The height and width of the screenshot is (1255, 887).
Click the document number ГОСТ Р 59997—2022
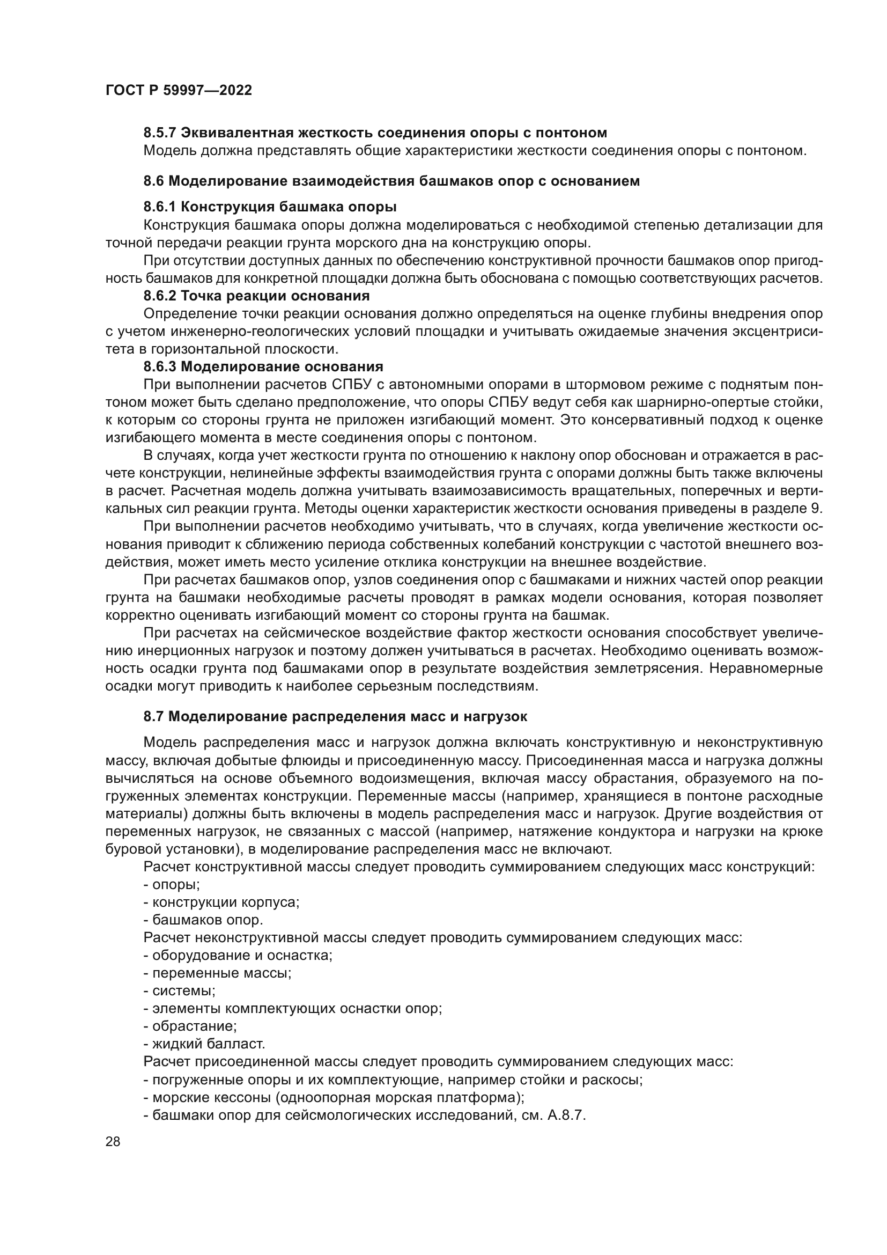[179, 91]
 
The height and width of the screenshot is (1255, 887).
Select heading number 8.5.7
[159, 133]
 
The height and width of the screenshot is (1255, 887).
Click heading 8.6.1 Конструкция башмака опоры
[270, 207]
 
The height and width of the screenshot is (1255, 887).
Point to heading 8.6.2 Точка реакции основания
[256, 296]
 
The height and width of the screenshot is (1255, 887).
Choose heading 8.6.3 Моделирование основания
[263, 367]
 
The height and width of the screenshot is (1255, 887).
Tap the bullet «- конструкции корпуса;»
[221, 902]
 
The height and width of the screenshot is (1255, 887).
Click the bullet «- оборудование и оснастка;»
[238, 956]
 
